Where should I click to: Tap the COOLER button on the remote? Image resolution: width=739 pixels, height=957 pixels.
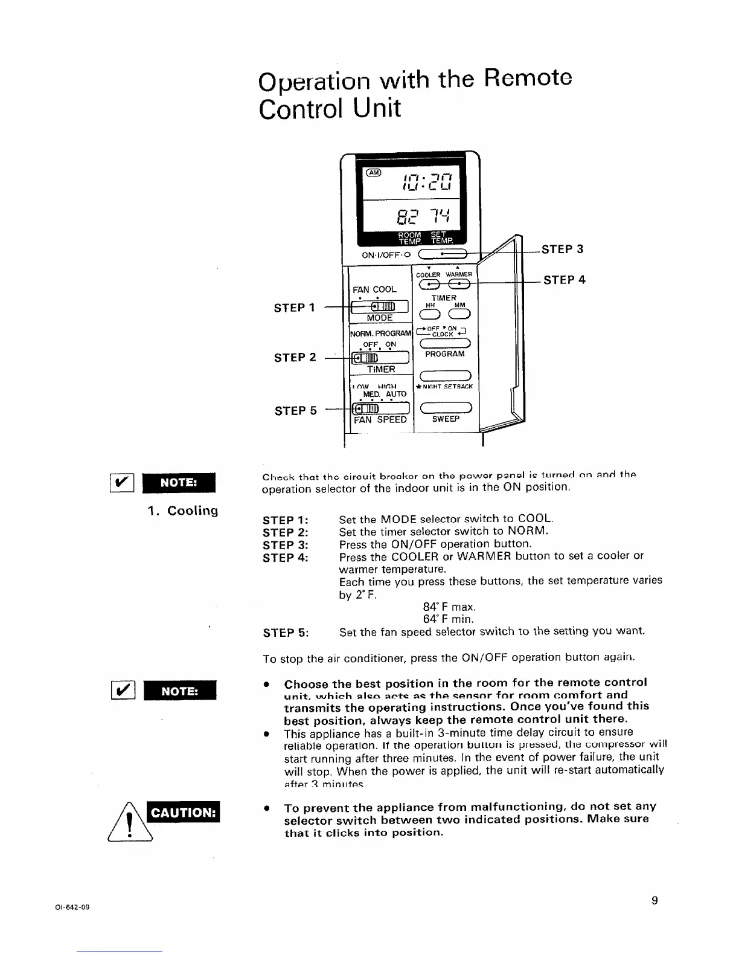(430, 284)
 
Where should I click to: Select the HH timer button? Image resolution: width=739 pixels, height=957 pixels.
(430, 313)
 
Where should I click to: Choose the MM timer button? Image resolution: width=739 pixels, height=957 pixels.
(459, 313)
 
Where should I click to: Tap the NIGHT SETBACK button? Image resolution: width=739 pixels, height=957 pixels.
(446, 376)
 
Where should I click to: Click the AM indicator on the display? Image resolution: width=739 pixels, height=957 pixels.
(374, 173)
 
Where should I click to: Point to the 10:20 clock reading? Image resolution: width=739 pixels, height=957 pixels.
(430, 180)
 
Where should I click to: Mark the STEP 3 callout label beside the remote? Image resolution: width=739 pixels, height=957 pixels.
(562, 249)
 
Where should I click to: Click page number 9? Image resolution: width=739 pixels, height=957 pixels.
(654, 901)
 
